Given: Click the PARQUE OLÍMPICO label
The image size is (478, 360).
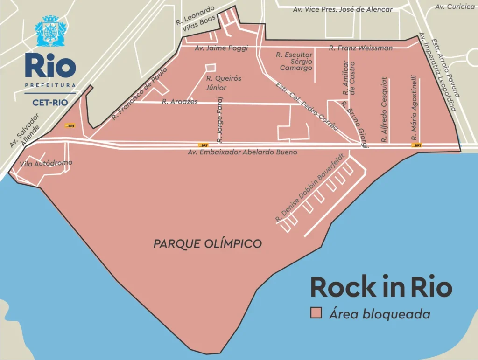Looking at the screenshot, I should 208,243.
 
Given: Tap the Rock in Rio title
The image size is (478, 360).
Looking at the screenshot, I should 381,287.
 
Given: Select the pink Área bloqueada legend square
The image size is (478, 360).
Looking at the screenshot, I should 317,314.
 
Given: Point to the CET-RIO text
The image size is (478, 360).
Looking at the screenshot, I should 50,102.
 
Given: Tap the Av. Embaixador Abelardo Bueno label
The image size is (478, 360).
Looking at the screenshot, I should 242,152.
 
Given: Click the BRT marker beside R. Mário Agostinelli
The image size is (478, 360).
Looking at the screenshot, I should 416,145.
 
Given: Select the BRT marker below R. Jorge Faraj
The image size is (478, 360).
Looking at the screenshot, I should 203,145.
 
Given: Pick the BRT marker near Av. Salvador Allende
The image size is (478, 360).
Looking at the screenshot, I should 70,126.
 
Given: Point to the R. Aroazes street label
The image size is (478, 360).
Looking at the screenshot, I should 180,101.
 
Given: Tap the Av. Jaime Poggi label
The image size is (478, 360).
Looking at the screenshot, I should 221,48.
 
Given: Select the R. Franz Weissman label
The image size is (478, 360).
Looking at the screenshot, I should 360,48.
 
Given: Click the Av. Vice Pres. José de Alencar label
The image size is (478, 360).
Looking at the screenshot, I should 343,9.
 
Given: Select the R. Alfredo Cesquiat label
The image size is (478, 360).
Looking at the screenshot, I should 385,110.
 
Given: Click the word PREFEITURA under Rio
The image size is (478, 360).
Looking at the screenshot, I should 50,85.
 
